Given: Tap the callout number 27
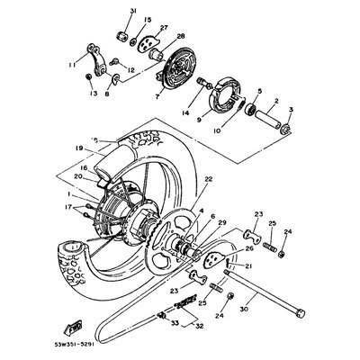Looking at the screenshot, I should point(164,28).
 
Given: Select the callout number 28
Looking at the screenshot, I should point(180,37).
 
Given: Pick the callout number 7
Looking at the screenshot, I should point(157,96).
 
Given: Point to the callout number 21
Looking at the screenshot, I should point(249,267).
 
